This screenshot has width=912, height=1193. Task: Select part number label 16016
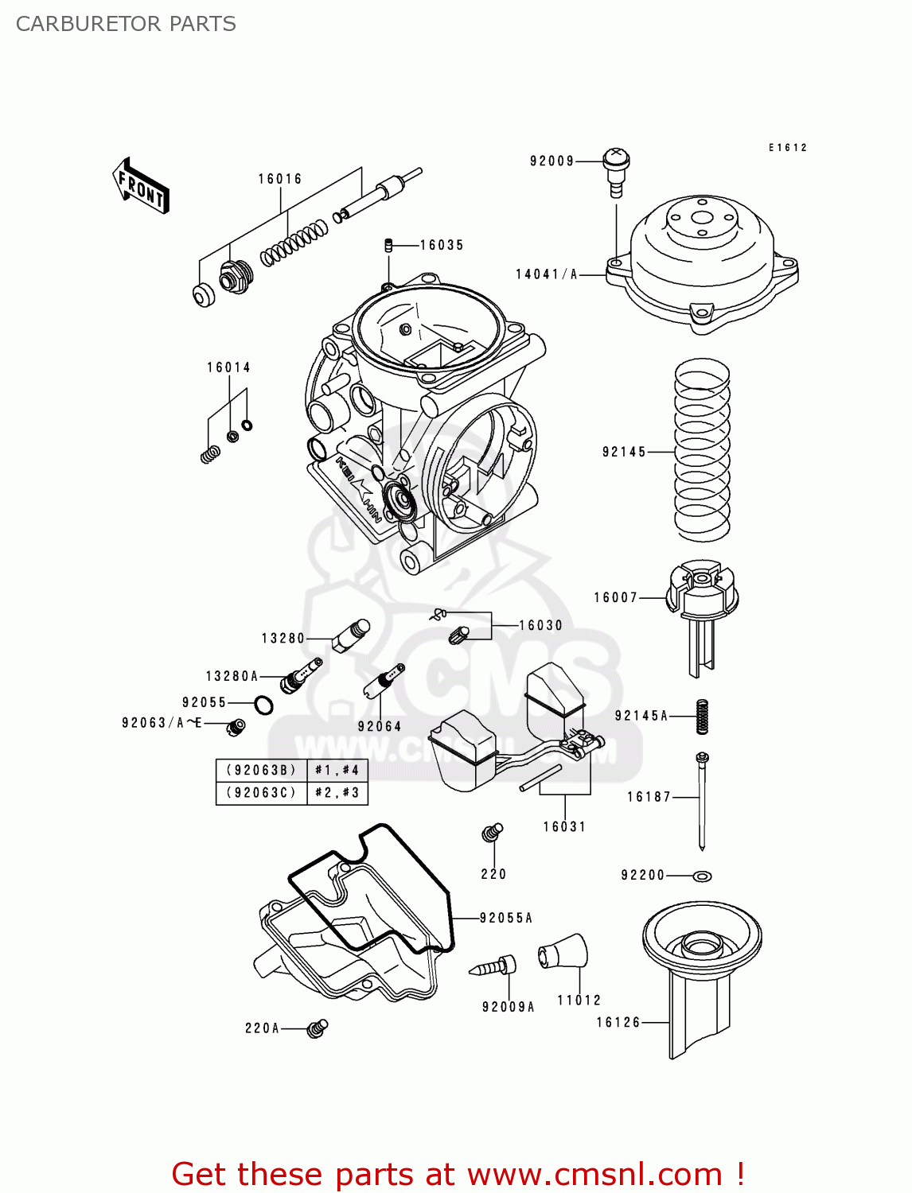click(x=280, y=179)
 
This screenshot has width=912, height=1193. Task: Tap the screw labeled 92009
click(x=616, y=170)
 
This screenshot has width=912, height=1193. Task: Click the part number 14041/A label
click(x=547, y=274)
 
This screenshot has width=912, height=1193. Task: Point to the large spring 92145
click(x=702, y=449)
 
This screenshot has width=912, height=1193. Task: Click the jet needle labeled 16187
click(x=702, y=799)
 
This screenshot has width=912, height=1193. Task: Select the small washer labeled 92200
click(x=702, y=876)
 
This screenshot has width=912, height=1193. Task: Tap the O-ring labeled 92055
click(x=263, y=705)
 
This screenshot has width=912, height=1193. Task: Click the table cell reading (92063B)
click(x=261, y=770)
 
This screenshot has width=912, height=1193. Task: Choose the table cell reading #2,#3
click(x=337, y=793)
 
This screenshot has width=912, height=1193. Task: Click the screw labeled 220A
click(x=318, y=1028)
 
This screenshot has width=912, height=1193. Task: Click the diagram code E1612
click(x=787, y=148)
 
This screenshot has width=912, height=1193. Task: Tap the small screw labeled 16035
click(x=389, y=245)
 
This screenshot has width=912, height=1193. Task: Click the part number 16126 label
click(x=618, y=1022)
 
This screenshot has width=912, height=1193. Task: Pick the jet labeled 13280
click(x=350, y=635)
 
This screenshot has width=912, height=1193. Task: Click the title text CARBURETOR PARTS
click(x=126, y=24)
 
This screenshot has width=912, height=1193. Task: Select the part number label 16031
click(x=564, y=826)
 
